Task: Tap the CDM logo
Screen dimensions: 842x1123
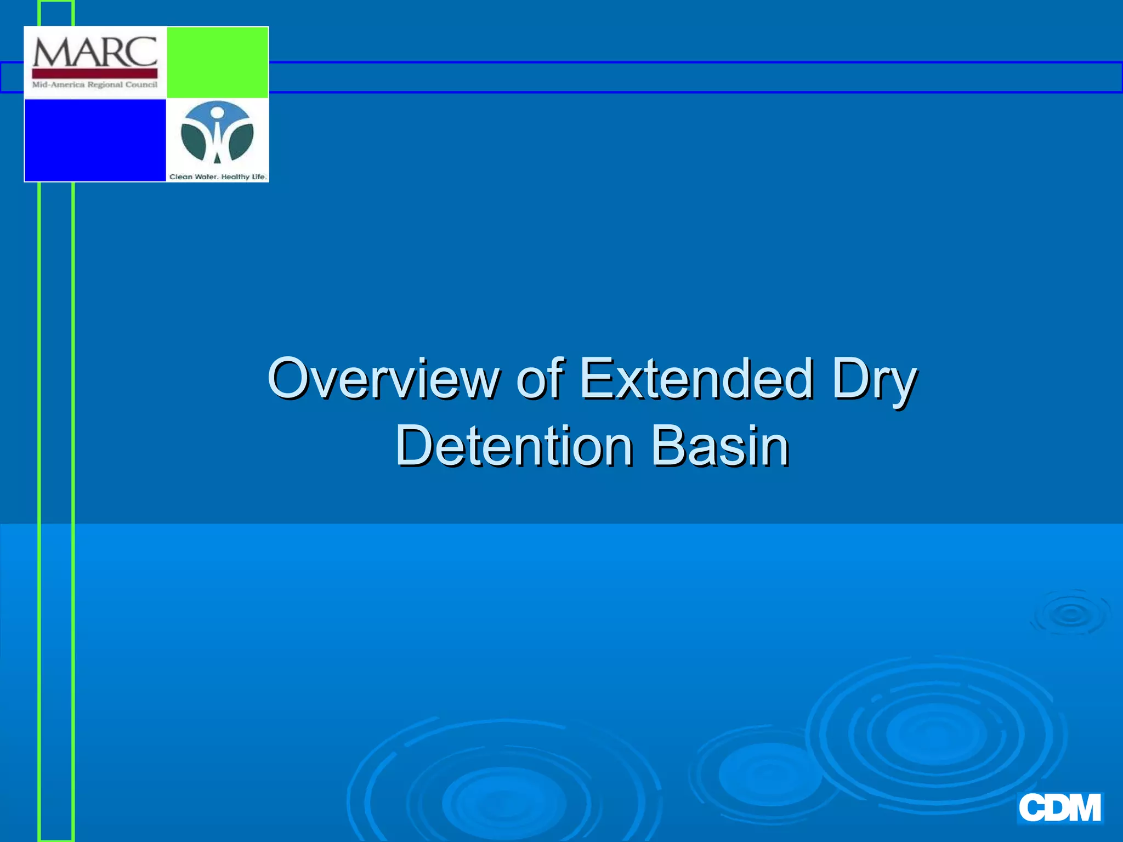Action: tap(1059, 808)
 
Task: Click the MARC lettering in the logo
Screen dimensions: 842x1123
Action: tap(95, 52)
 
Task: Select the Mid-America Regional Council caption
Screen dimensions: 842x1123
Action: tap(95, 84)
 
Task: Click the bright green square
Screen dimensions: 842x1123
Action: tap(217, 62)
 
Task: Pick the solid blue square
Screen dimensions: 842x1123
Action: tap(95, 140)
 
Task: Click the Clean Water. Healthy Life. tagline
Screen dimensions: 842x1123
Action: tap(218, 177)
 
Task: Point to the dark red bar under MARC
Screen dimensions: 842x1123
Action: tap(95, 73)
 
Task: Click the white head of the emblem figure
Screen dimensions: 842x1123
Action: tap(217, 113)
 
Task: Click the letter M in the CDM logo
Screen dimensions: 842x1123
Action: tap(1082, 808)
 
